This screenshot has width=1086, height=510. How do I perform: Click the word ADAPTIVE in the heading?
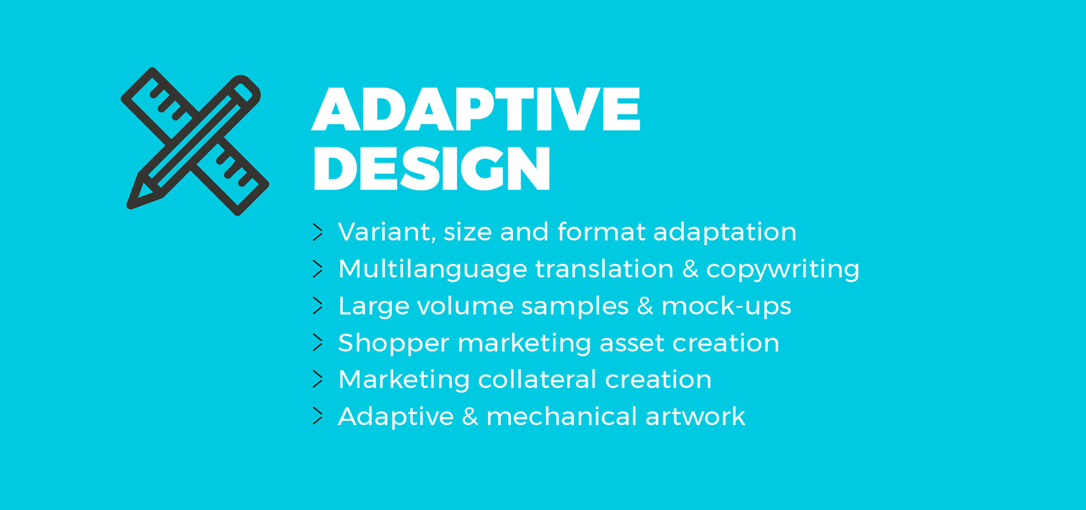[x=476, y=109]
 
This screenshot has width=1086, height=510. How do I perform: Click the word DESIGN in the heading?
[x=431, y=168]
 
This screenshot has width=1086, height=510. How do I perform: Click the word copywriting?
[x=783, y=270]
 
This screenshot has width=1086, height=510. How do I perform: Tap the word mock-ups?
[x=726, y=307]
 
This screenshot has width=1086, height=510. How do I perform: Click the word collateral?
[x=537, y=379]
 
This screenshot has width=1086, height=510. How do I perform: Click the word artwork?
[x=695, y=416]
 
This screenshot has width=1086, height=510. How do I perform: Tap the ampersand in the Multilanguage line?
[x=690, y=269]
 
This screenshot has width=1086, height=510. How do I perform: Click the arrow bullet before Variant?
[x=318, y=232]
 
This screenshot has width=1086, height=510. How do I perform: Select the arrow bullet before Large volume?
[x=318, y=306]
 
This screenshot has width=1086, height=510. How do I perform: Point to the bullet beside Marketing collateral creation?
[x=318, y=379]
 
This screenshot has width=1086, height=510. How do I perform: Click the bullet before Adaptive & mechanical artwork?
[x=318, y=416]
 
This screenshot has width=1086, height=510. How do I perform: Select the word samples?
[x=575, y=307]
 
